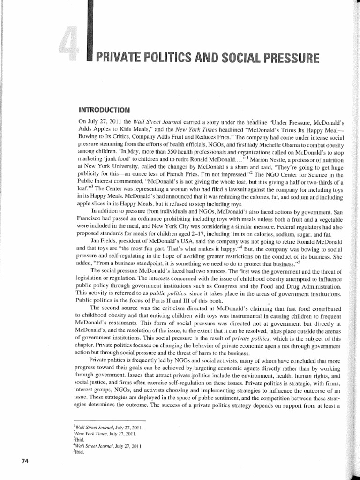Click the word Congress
pyautogui.click(x=225, y=286)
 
